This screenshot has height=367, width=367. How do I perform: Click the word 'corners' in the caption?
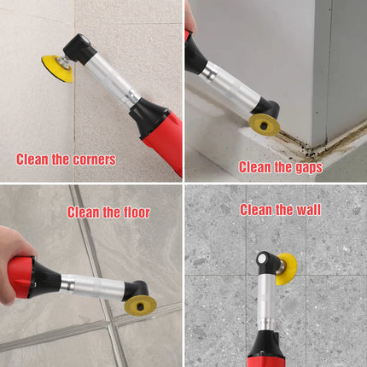(x=94, y=160)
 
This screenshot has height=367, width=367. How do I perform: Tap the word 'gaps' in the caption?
(x=309, y=167)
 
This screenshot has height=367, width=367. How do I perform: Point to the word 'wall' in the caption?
(x=309, y=210)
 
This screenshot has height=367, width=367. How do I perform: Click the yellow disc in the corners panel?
(x=55, y=68)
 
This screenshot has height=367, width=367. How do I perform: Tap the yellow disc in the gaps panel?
(x=265, y=125)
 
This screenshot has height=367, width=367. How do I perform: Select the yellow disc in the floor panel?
(x=140, y=305)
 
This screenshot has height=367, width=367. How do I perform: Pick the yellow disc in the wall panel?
(x=288, y=269)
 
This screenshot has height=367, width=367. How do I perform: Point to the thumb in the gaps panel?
(x=190, y=17)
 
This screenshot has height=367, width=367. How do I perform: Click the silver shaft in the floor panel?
(x=92, y=288)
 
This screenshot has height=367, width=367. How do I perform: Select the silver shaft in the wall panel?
(x=265, y=302)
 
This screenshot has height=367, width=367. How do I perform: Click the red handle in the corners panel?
(x=165, y=143)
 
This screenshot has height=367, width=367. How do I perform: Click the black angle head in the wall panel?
(x=267, y=263)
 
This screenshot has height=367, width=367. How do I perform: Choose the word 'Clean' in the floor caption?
(x=83, y=213)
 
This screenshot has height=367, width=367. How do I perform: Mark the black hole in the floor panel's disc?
(x=140, y=306)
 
